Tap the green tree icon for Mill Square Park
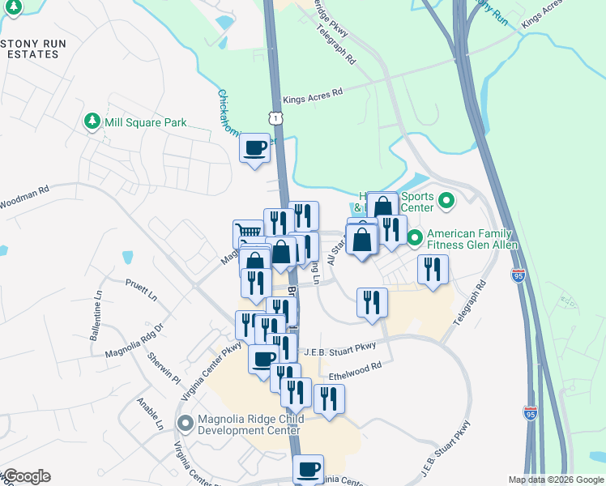[92, 122]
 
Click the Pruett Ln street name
[141, 291]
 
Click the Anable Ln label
[151, 415]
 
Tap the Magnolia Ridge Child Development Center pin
[186, 423]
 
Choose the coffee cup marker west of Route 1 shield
[255, 148]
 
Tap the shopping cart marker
[247, 234]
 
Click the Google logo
[26, 476]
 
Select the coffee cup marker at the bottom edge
[308, 469]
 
